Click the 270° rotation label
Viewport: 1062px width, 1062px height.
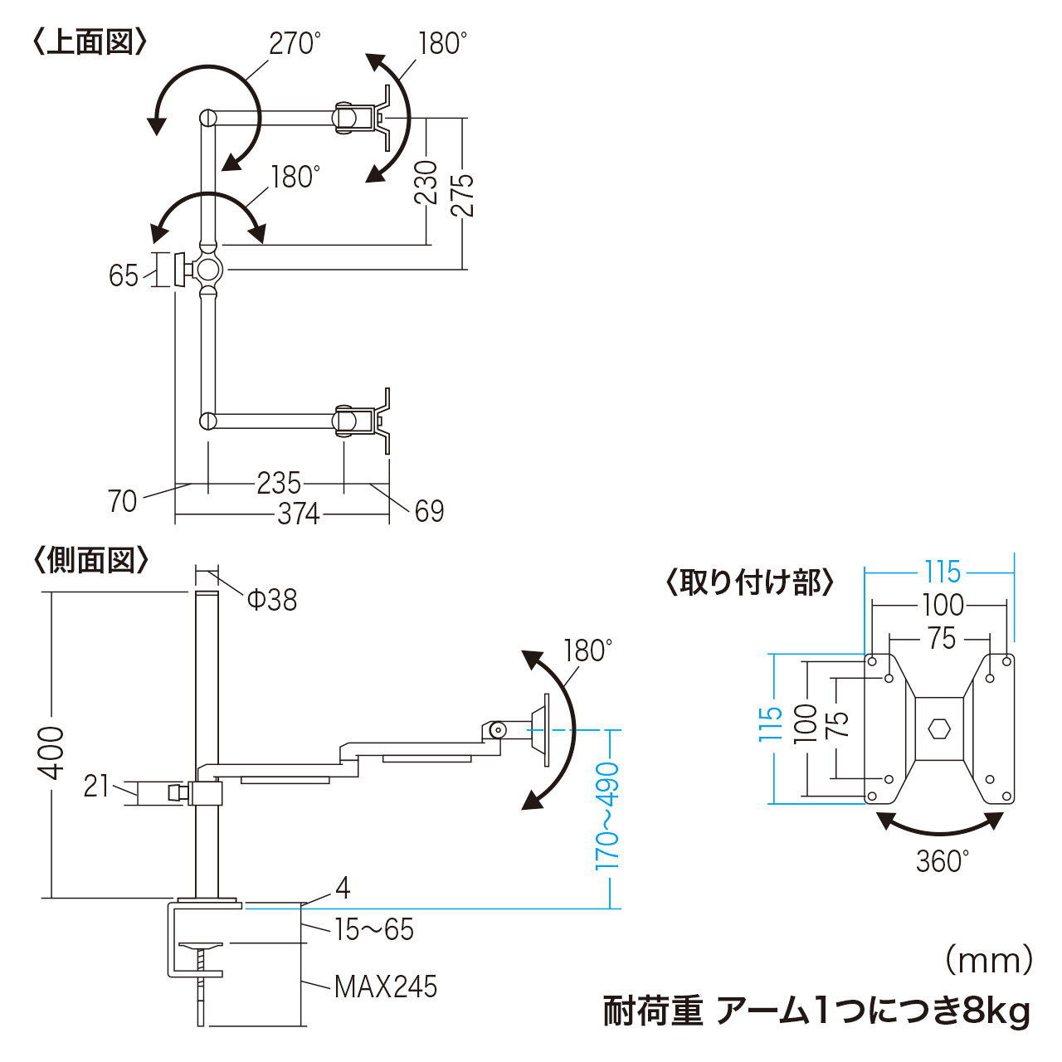coord(295,43)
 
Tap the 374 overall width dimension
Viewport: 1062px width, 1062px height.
coord(299,514)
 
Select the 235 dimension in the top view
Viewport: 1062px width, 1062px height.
coord(279,483)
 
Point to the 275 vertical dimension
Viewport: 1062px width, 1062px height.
coord(462,194)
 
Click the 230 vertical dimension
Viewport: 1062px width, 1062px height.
coord(426,182)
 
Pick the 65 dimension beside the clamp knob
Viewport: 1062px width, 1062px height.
coord(124,275)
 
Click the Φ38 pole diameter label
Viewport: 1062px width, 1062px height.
coord(272,599)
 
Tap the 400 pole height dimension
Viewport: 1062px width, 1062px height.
coord(51,752)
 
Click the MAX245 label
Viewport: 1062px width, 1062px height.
coord(386,986)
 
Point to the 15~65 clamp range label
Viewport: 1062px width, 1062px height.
coord(374,929)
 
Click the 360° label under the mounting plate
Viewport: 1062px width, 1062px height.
coord(943,861)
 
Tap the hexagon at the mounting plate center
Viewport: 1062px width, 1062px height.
coord(939,728)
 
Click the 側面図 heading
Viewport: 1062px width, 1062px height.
coord(91,561)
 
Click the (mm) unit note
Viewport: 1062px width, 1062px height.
coord(989,961)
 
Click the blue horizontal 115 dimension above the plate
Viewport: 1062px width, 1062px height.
coord(943,572)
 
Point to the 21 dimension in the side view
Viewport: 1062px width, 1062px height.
coord(96,786)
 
